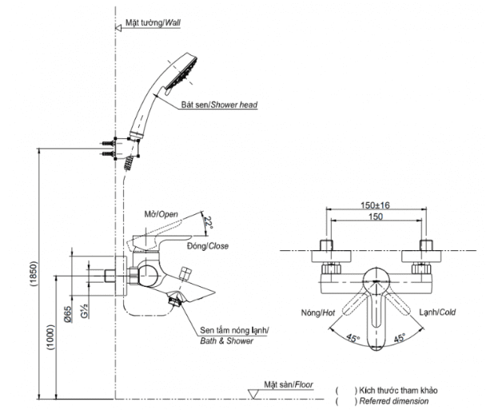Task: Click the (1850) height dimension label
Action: click(x=34, y=274)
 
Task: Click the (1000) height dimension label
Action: click(x=51, y=337)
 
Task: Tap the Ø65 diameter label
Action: click(x=68, y=315)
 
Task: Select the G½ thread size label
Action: click(x=84, y=311)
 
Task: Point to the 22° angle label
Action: click(x=209, y=222)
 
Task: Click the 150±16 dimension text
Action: click(x=375, y=205)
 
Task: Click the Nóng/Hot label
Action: click(x=318, y=313)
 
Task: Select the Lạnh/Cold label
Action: click(x=437, y=312)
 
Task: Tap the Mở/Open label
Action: click(x=161, y=214)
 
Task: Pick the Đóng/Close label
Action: click(x=208, y=246)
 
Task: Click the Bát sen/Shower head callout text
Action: click(x=220, y=105)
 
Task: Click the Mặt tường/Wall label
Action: click(x=153, y=23)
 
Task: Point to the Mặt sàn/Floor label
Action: click(x=289, y=385)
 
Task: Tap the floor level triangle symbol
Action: click(x=253, y=394)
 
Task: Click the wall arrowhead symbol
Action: click(x=118, y=28)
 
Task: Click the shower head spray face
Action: click(x=181, y=74)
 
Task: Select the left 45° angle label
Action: click(x=353, y=338)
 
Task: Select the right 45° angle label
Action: click(x=400, y=337)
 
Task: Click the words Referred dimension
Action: click(x=394, y=401)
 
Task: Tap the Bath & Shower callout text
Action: click(x=226, y=341)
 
